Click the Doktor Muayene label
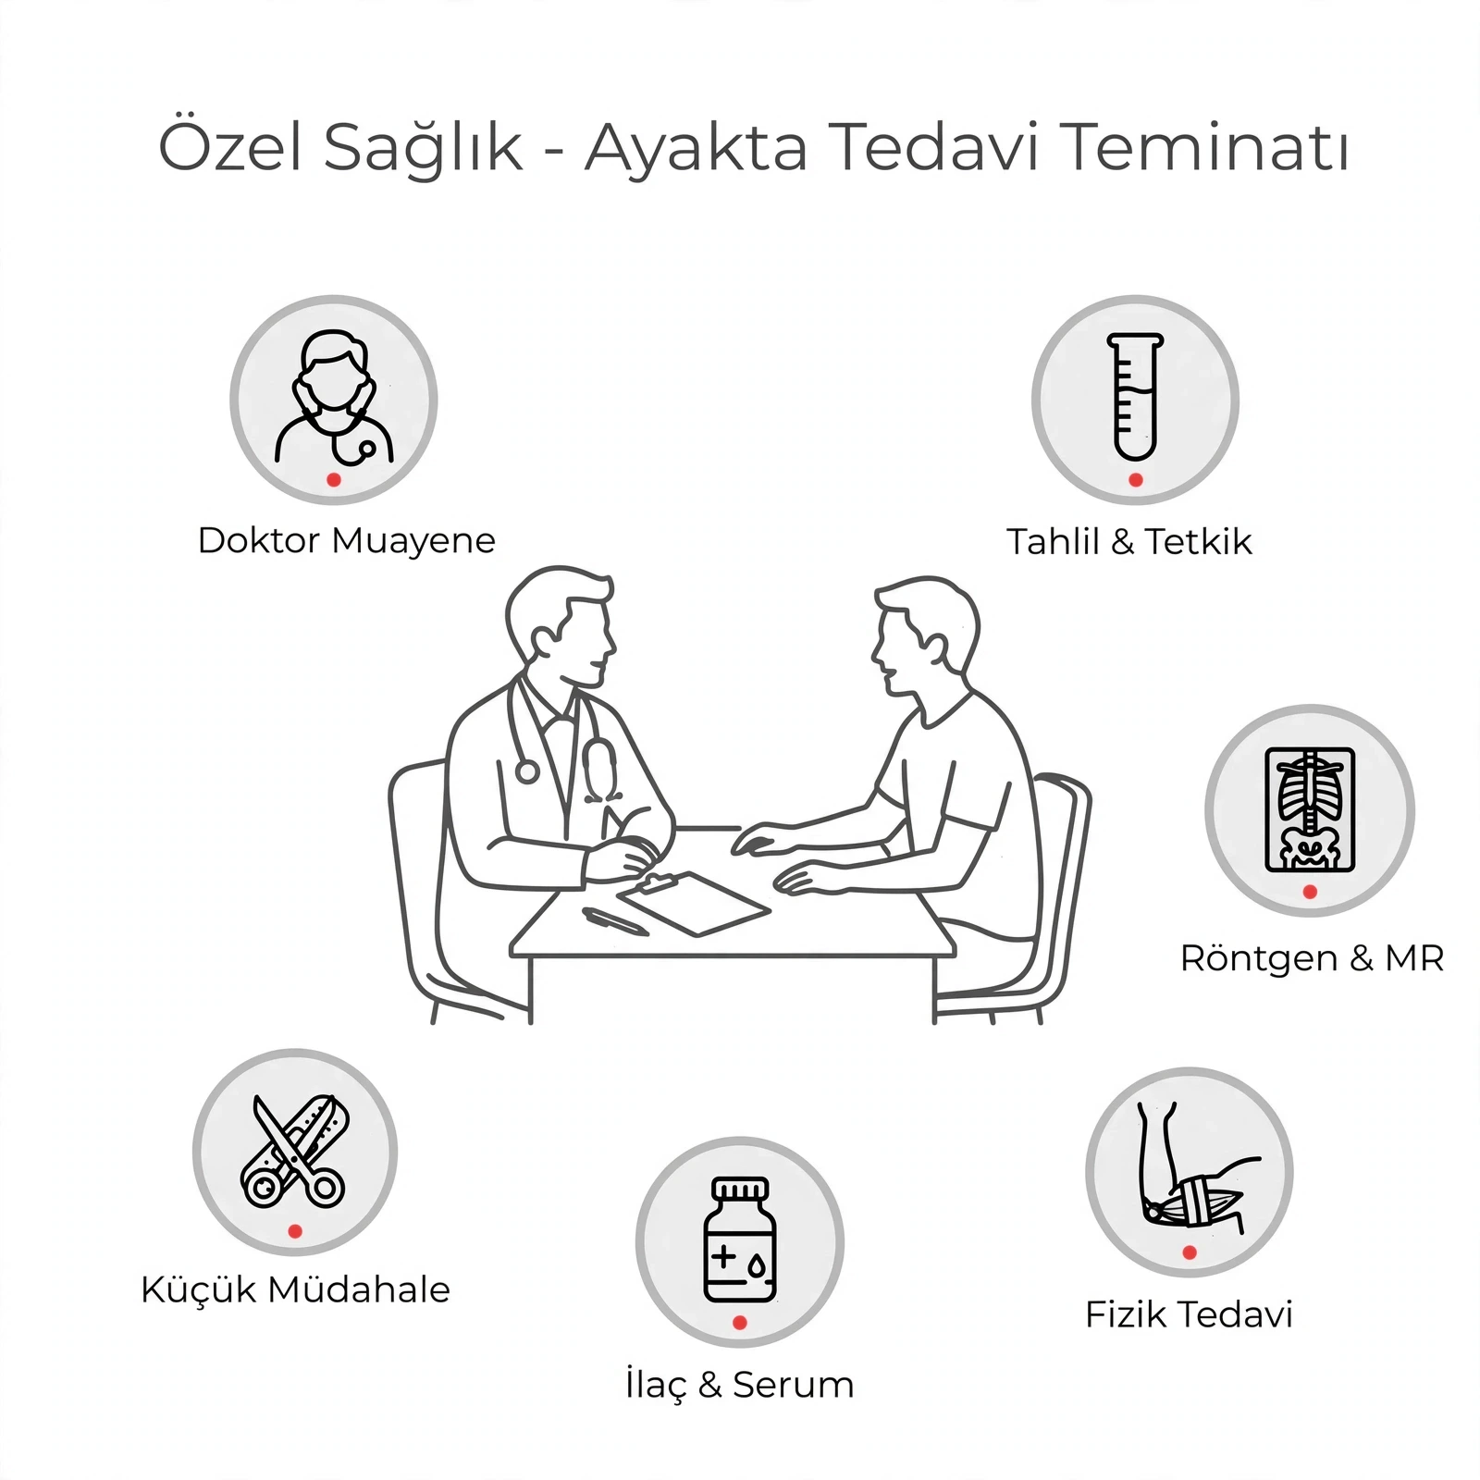pos(347,540)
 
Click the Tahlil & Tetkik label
pos(1128,541)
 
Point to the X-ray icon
pos(1310,809)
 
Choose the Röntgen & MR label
pos(1312,958)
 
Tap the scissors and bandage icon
pos(294,1151)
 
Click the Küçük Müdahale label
pos(295,1289)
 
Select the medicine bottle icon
pos(740,1239)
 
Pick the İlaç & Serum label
pos(740,1385)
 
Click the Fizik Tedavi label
pos(1189,1314)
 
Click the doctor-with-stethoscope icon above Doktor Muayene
pos(334,397)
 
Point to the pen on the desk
pos(615,921)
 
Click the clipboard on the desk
pos(693,903)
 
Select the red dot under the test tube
pos(1136,479)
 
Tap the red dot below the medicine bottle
pos(740,1323)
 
